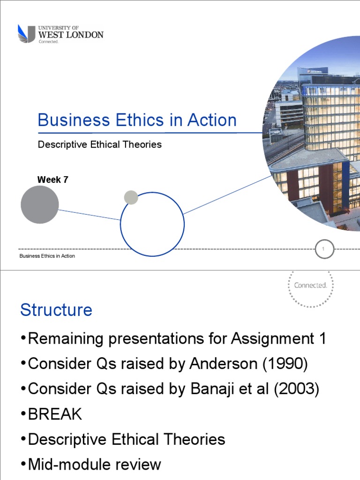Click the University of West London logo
60,34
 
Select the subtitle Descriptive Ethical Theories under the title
99,144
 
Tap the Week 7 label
52,180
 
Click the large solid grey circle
40,204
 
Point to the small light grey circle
131,197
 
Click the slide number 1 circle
324,249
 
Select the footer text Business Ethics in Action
47,256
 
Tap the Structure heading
56,310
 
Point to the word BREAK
55,414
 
